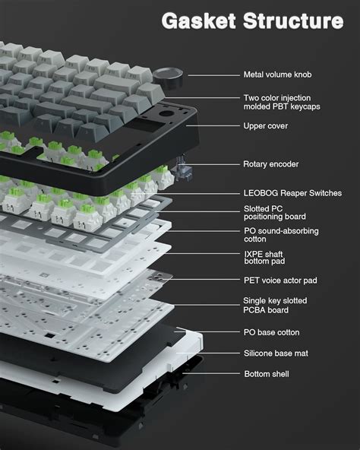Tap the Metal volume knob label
point(277,74)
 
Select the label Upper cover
point(265,126)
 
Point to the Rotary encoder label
point(271,163)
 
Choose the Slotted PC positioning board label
point(273,212)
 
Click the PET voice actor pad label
point(280,280)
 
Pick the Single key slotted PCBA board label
point(276,305)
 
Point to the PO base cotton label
point(271,332)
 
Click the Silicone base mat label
point(276,353)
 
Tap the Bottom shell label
point(266,374)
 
